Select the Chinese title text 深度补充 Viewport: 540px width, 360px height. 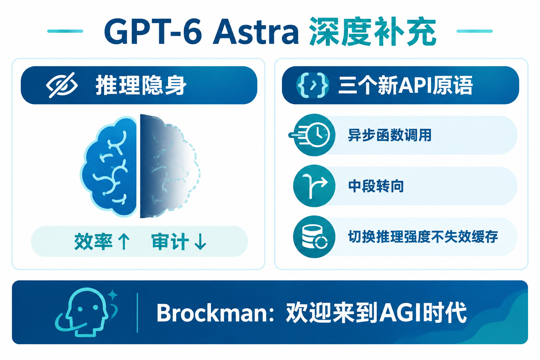tap(373, 32)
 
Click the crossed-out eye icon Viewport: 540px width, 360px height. tap(62, 85)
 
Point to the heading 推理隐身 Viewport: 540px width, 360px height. tap(141, 85)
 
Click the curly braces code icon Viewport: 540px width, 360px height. tap(313, 85)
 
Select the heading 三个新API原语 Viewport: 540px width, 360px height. tap(405, 85)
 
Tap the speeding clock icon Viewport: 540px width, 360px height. tap(313, 135)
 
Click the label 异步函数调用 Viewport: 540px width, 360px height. tap(390, 135)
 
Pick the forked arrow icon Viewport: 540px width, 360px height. tap(314, 186)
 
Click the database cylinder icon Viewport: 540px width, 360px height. tap(314, 237)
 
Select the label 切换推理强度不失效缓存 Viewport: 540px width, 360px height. tap(423, 237)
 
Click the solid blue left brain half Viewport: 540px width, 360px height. tap(109, 166)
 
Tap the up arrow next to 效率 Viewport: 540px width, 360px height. tap(124, 242)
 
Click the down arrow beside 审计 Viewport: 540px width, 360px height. tap(200, 242)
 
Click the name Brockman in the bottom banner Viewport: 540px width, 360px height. tap(212, 313)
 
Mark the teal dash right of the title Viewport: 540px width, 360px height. tap(474, 31)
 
